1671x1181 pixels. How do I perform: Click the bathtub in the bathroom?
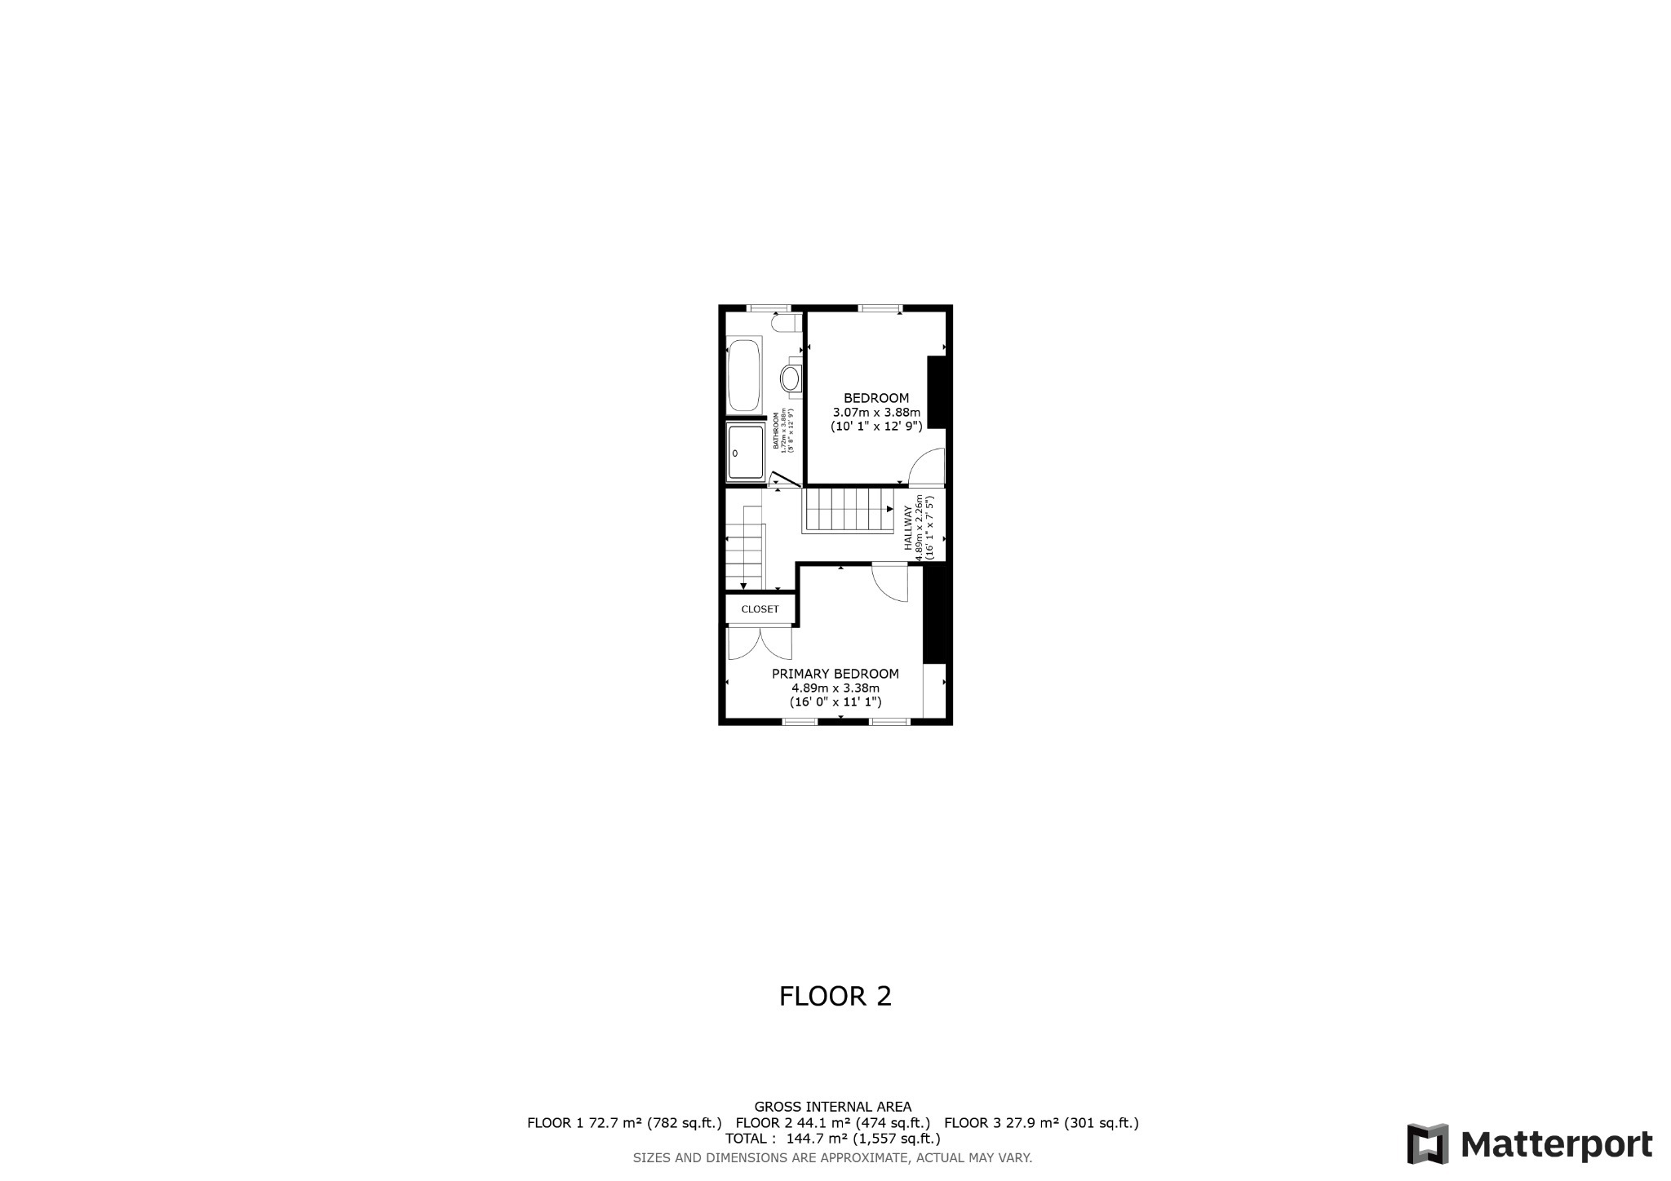coord(743,375)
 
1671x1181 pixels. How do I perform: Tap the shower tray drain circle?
coord(735,453)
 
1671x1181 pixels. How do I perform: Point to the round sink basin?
coord(790,378)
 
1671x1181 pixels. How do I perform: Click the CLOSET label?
coord(760,609)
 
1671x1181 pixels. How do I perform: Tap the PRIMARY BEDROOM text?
coord(835,674)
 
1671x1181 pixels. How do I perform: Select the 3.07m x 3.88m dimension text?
coord(875,412)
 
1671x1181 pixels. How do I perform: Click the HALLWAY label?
coord(907,528)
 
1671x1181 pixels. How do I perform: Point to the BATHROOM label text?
coord(776,432)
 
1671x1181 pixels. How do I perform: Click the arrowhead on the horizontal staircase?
coord(889,509)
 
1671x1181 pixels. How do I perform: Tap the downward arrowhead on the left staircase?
coord(743,585)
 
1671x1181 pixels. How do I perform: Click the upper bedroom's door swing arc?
coord(927,468)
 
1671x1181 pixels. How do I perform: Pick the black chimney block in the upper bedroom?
coord(937,391)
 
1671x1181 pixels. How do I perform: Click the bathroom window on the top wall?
coord(770,308)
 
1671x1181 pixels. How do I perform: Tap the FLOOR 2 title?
coord(835,996)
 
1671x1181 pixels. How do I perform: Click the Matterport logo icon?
coord(1427,1143)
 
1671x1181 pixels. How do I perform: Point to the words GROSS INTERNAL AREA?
coord(832,1107)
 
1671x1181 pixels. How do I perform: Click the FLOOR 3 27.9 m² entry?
coord(1041,1122)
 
